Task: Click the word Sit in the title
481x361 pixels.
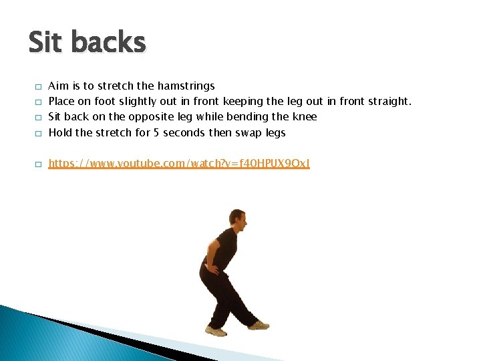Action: (x=46, y=43)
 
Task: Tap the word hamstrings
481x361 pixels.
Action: (x=186, y=86)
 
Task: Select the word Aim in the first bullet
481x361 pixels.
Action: (x=59, y=86)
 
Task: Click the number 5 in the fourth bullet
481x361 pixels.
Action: (x=156, y=132)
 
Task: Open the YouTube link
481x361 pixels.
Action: (x=179, y=163)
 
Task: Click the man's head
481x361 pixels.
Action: (x=236, y=218)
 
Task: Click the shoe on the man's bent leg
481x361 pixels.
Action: (x=216, y=331)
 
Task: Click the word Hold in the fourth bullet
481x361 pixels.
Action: (x=60, y=132)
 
